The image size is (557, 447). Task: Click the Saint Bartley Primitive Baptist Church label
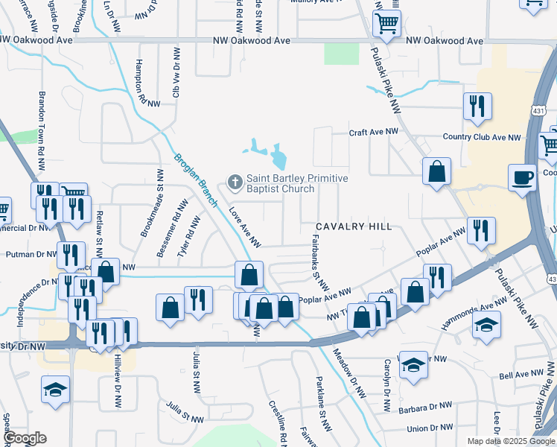tap(297, 184)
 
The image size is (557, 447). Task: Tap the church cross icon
tap(235, 181)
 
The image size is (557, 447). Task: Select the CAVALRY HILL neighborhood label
tap(354, 226)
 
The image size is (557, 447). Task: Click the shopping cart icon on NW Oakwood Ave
tap(386, 24)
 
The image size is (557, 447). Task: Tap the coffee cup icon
tap(522, 179)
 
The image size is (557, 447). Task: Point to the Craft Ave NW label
tap(374, 132)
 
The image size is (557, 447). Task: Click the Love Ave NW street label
tap(244, 227)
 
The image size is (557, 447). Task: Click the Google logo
tap(25, 438)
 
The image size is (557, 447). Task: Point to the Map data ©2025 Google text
tap(510, 441)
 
